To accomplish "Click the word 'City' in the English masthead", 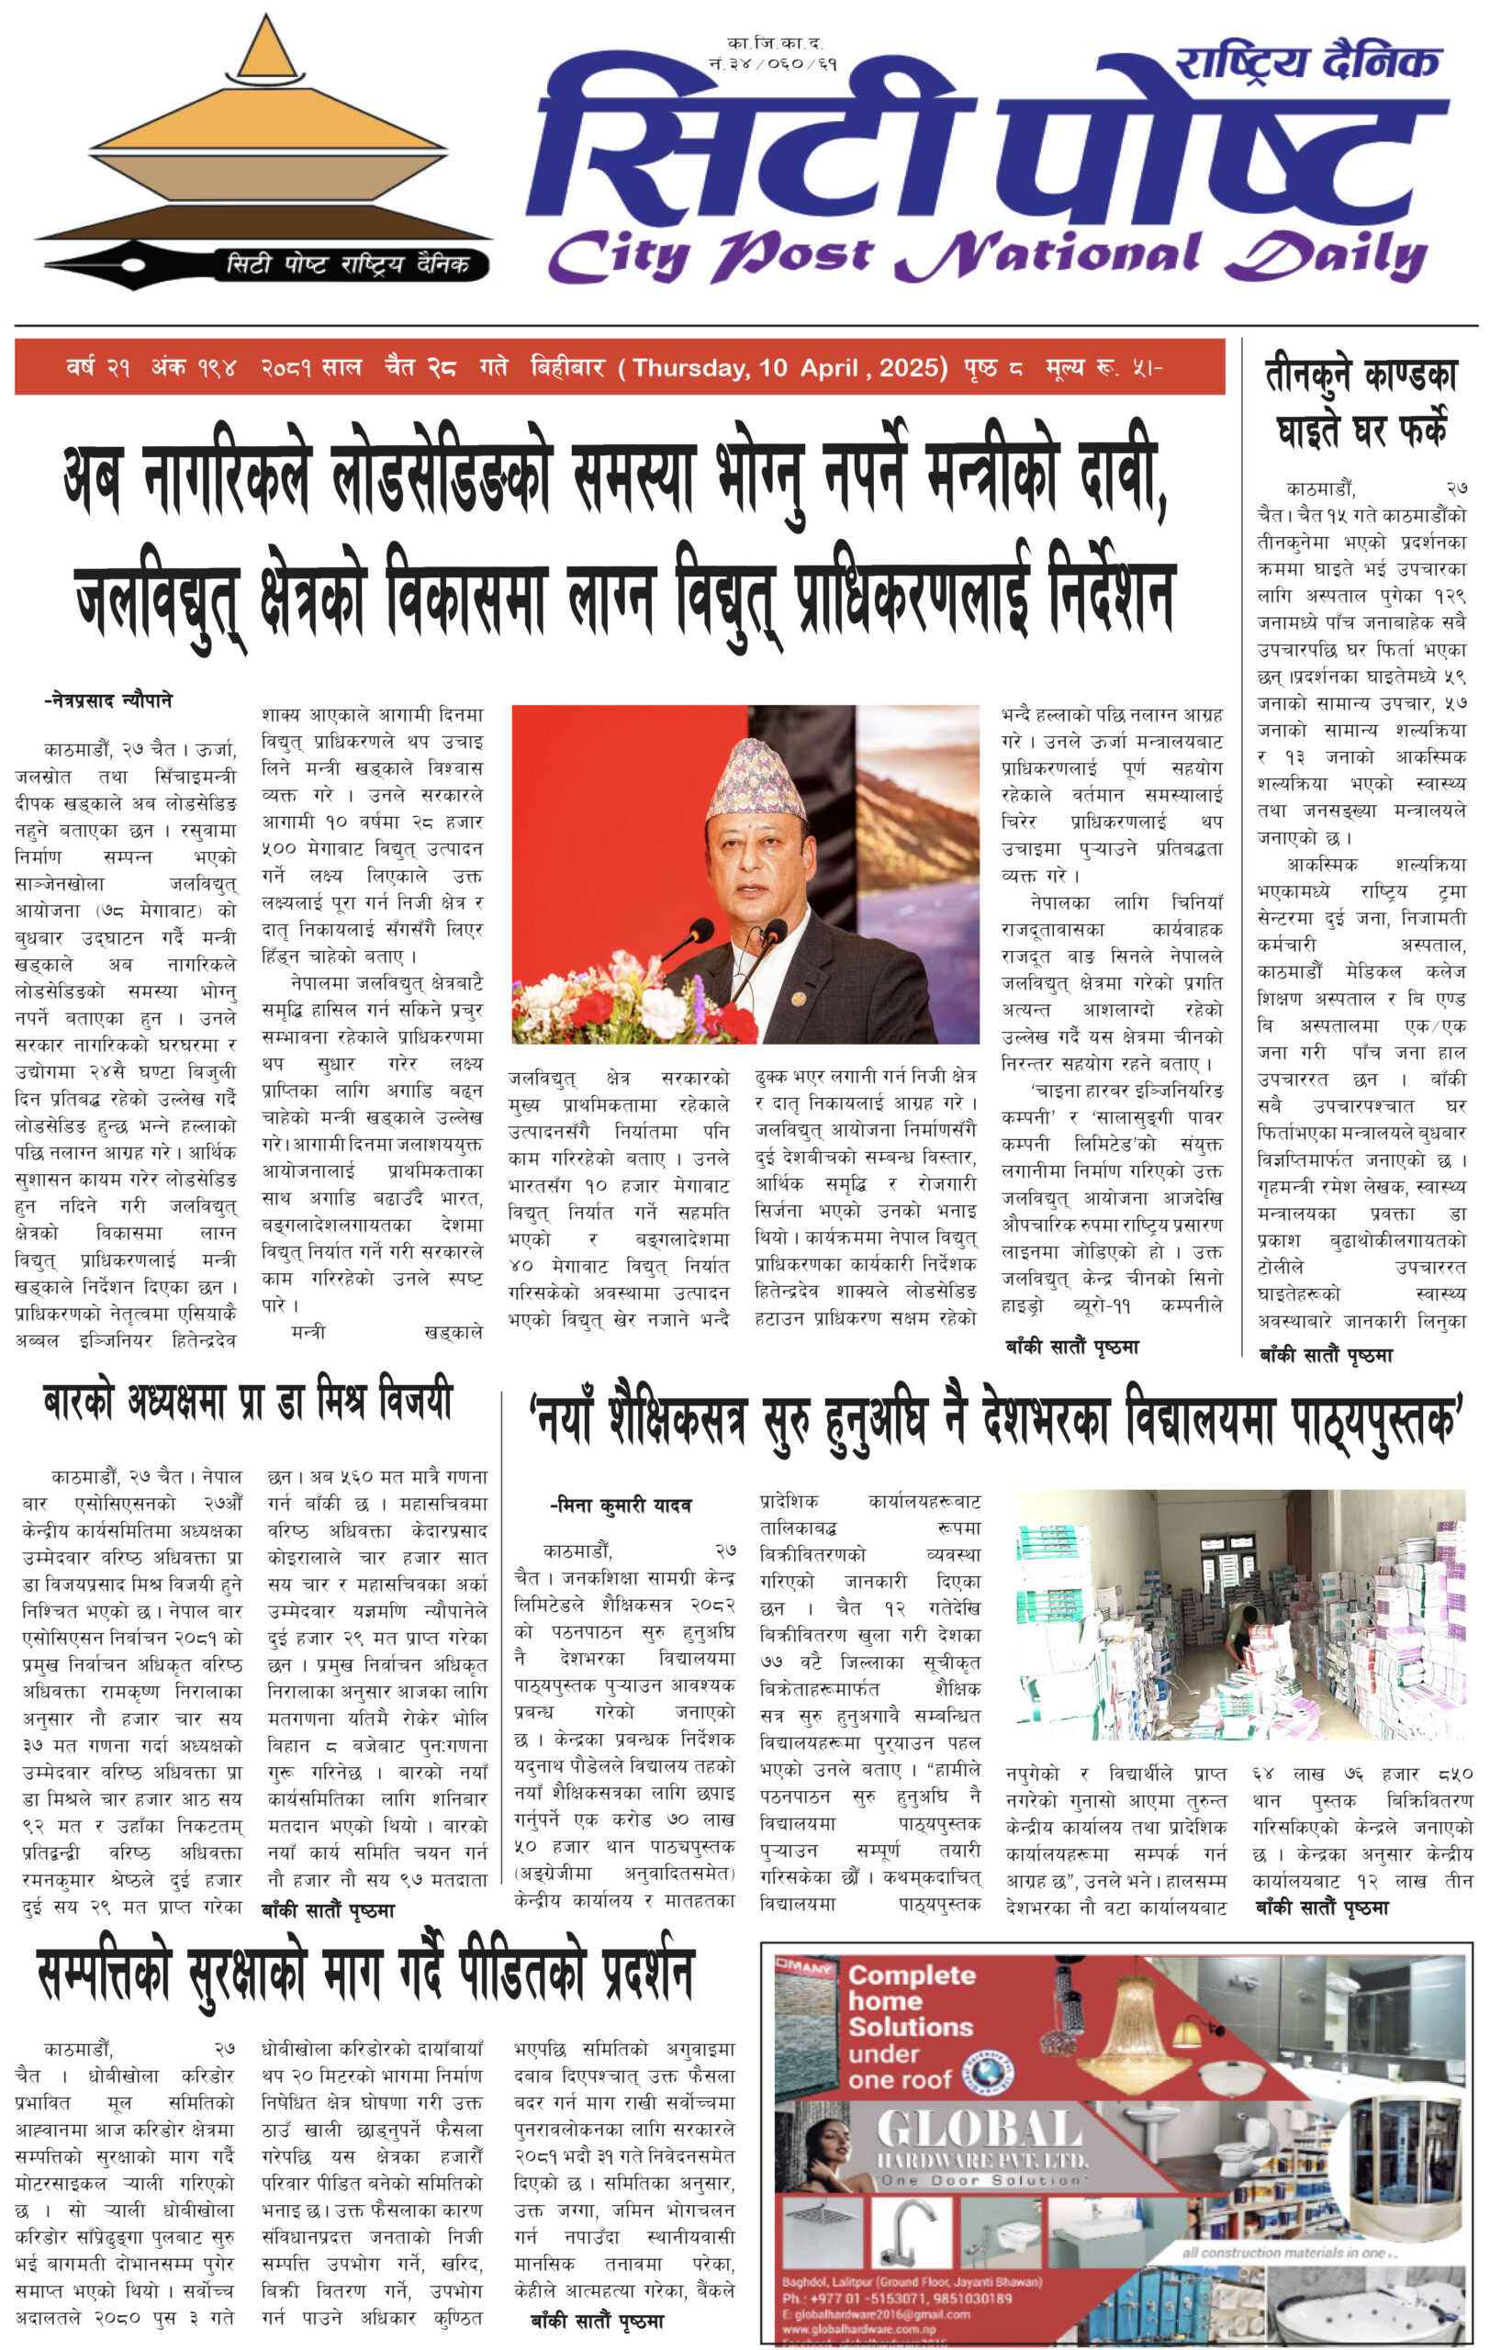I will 619,256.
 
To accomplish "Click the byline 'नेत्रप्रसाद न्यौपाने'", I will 108,700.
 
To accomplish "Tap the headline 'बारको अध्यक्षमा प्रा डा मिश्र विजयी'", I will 248,1403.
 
